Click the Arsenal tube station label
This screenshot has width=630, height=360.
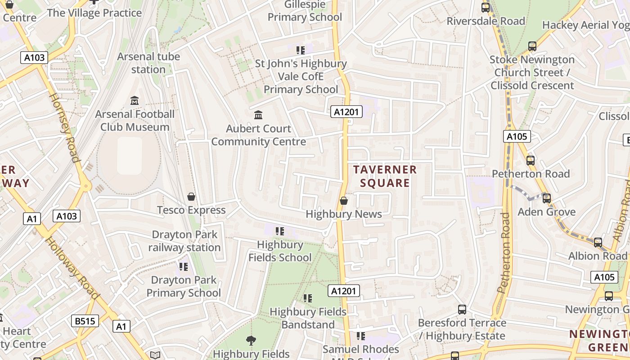148,63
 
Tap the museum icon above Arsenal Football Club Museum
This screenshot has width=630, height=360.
135,100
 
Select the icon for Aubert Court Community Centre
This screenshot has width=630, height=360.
258,115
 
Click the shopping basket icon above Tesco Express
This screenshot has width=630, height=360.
191,197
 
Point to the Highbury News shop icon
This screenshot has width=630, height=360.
344,201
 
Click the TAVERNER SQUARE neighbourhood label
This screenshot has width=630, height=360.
385,176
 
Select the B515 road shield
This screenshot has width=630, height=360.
85,321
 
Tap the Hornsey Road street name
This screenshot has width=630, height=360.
64,128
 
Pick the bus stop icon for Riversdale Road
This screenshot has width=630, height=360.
485,8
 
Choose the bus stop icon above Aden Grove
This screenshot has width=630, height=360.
547,198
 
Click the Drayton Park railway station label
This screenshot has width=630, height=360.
184,241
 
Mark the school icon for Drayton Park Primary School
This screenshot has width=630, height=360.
184,267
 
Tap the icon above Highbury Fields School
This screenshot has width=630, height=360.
280,231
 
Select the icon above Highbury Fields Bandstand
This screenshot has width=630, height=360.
308,298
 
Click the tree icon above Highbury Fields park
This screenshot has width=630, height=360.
251,341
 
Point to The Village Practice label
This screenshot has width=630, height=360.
94,13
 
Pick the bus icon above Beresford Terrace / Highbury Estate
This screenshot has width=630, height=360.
462,310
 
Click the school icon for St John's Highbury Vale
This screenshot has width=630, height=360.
301,50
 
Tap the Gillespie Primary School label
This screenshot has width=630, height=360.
305,11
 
